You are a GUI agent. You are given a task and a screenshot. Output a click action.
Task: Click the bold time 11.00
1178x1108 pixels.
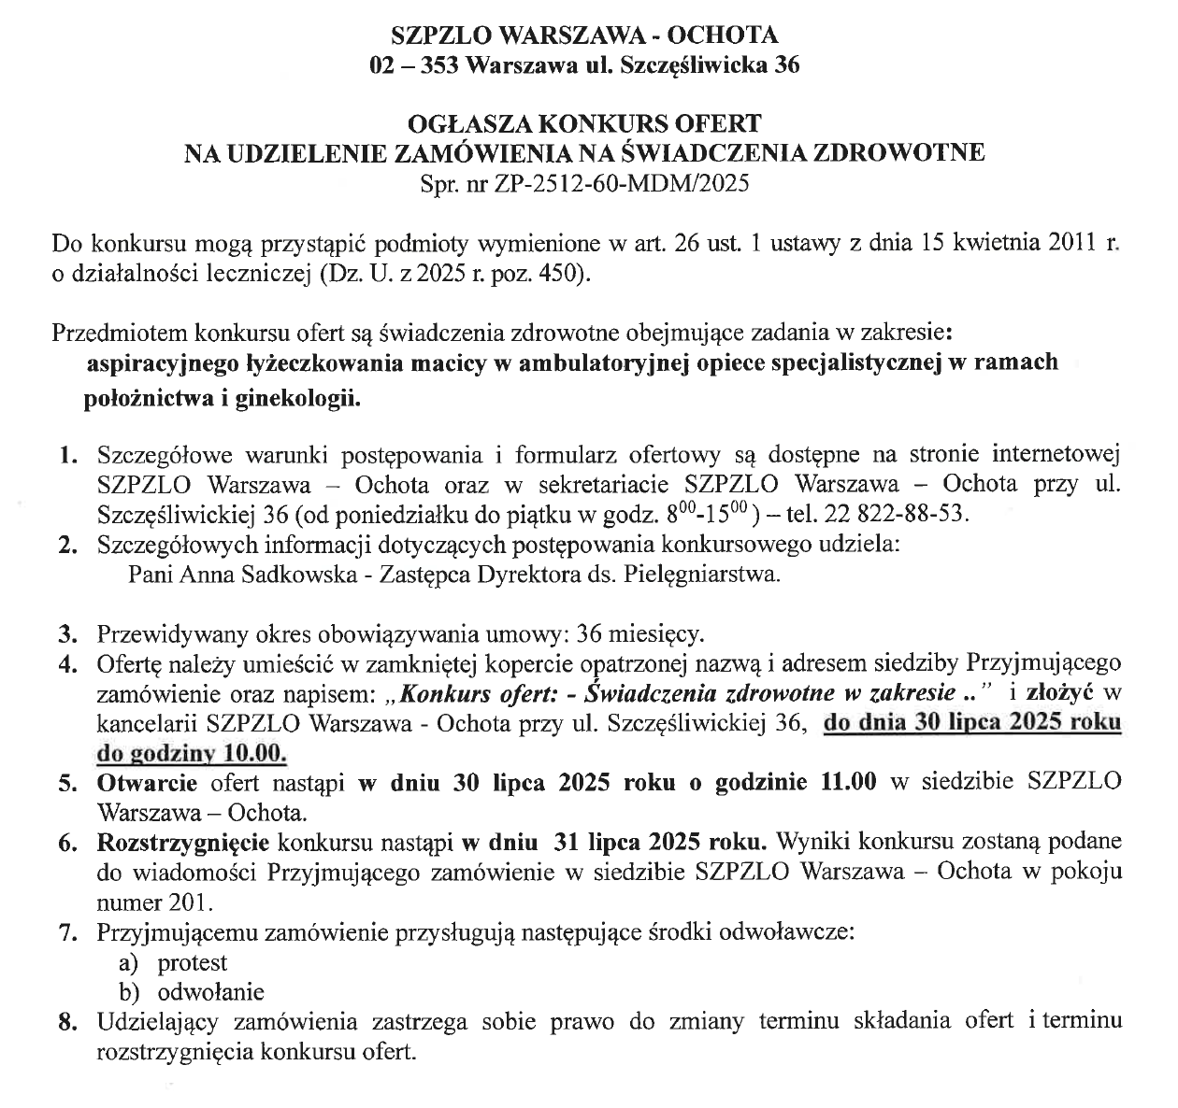click(848, 783)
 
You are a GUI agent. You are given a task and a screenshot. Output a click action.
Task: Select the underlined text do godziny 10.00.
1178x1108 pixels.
click(192, 754)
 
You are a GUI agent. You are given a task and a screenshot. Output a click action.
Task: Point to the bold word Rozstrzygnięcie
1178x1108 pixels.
click(183, 842)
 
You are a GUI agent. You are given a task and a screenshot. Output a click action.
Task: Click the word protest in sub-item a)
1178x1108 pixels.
click(193, 961)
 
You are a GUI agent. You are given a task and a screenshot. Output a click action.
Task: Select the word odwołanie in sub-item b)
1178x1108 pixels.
click(211, 991)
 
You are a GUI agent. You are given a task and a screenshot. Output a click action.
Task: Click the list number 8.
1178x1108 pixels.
click(66, 1022)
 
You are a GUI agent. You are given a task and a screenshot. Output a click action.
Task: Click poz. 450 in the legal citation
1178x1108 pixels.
click(548, 275)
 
